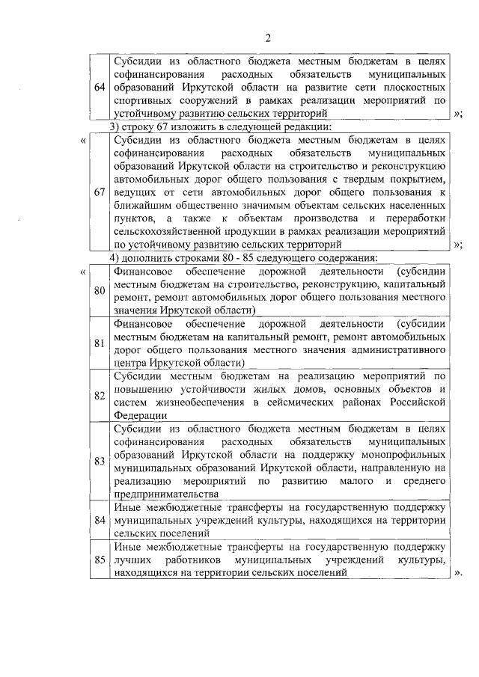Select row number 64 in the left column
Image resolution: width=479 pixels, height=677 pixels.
click(100, 88)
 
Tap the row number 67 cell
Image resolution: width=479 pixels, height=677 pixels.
click(100, 192)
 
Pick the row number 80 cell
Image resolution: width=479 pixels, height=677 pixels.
click(100, 290)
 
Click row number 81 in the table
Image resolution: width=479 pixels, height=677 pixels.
click(100, 343)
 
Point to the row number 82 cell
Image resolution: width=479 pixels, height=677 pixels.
click(100, 396)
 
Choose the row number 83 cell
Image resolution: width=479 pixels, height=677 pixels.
click(100, 461)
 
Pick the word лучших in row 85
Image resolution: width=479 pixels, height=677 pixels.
click(130, 559)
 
